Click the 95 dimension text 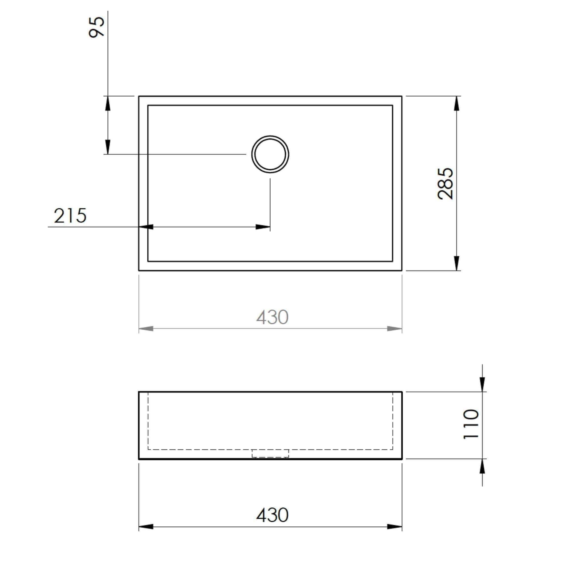pyautogui.click(x=97, y=27)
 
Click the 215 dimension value pyautogui.click(x=70, y=216)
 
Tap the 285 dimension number pyautogui.click(x=445, y=183)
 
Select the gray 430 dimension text pyautogui.click(x=272, y=318)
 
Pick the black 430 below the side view pyautogui.click(x=272, y=515)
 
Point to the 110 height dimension pyautogui.click(x=471, y=424)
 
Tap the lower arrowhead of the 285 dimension pyautogui.click(x=457, y=263)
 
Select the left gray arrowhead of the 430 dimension pyautogui.click(x=146, y=329)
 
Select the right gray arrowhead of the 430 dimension pyautogui.click(x=394, y=329)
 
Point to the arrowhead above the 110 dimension pyautogui.click(x=482, y=384)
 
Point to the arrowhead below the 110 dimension pyautogui.click(x=482, y=466)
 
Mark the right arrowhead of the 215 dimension pyautogui.click(x=263, y=227)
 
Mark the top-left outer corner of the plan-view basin pyautogui.click(x=139, y=96)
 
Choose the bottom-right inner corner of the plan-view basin pyautogui.click(x=392, y=261)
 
